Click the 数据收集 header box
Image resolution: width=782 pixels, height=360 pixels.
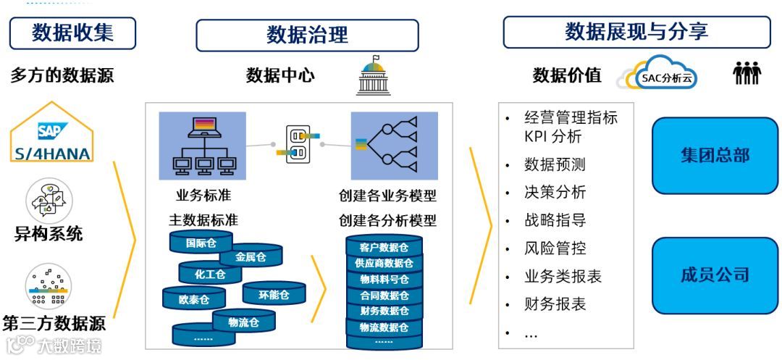72,33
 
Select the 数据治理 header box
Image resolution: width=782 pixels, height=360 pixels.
307,35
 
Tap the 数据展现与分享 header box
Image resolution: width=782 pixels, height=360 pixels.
636,33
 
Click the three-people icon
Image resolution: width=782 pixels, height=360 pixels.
747,73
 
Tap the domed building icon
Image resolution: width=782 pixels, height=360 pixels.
374,75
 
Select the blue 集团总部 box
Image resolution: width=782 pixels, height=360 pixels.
714,155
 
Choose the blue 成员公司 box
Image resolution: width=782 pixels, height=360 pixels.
714,275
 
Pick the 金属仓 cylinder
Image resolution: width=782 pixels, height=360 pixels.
251,256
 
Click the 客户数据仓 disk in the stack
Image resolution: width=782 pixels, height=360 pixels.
384,248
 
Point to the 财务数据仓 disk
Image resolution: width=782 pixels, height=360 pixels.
384,311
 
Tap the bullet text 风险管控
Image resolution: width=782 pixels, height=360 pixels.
555,248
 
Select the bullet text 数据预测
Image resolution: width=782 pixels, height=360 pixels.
555,164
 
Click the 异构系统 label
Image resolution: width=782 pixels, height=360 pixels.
49,234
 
